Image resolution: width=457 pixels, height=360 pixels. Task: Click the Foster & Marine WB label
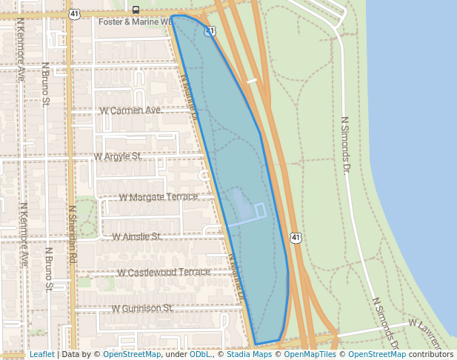point(135,23)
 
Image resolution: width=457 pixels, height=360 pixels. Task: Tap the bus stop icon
point(135,10)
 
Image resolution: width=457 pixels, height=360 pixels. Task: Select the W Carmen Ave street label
point(130,110)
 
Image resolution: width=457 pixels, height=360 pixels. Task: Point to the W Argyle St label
point(118,157)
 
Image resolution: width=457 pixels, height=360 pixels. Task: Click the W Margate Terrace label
point(159,197)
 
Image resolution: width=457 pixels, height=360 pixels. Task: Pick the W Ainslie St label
point(136,236)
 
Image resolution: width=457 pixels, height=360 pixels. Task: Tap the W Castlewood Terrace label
point(164,272)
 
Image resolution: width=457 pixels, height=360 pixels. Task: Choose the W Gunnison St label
point(141,307)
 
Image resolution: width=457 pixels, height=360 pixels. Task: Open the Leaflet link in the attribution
point(41,354)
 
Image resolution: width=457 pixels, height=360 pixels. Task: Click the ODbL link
point(200,354)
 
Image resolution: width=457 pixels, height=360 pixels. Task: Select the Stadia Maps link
point(249,354)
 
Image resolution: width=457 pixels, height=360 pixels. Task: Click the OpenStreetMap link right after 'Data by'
point(132,354)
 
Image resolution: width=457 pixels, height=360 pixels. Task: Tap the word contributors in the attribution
point(430,354)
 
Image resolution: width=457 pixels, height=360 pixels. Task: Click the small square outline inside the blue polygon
point(261,210)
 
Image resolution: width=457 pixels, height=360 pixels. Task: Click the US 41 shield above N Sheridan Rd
point(73,14)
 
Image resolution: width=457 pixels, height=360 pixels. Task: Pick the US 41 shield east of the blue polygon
point(296,238)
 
